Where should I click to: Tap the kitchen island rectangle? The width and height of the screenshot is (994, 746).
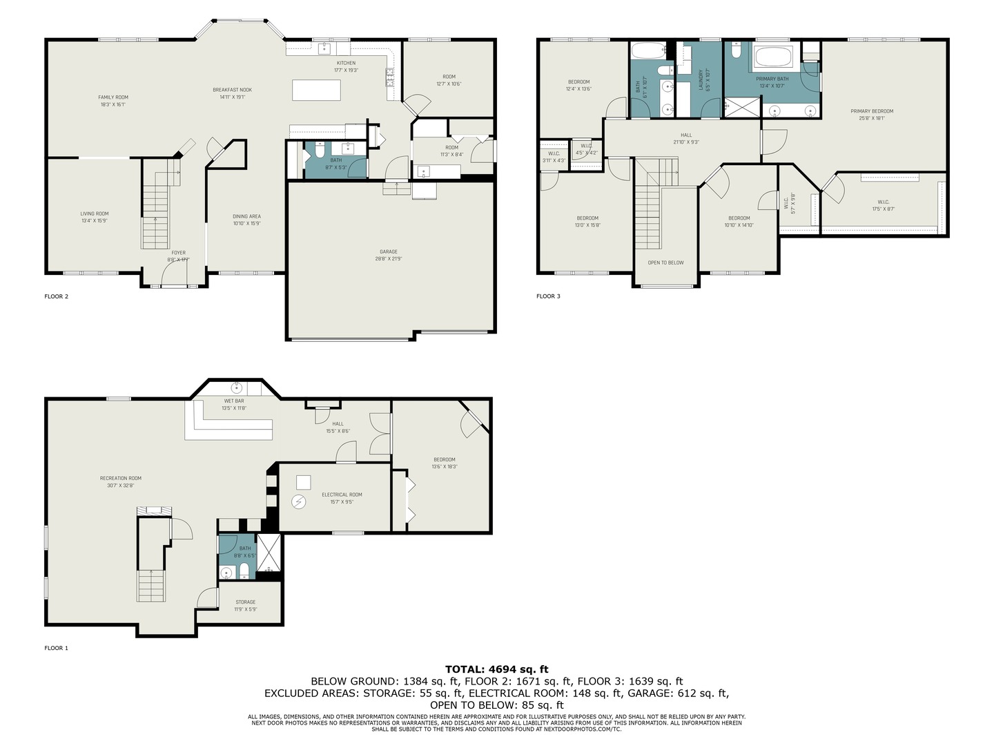pyautogui.click(x=316, y=90)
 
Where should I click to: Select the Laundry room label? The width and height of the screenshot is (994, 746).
pyautogui.click(x=701, y=79)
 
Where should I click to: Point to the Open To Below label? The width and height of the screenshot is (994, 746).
pyautogui.click(x=665, y=262)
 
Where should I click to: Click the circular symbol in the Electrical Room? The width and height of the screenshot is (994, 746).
pyautogui.click(x=299, y=502)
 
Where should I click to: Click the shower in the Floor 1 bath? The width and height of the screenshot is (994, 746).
pyautogui.click(x=269, y=555)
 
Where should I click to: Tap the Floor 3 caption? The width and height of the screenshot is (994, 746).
pyautogui.click(x=548, y=296)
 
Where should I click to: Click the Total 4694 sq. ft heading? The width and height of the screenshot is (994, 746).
pyautogui.click(x=496, y=669)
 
